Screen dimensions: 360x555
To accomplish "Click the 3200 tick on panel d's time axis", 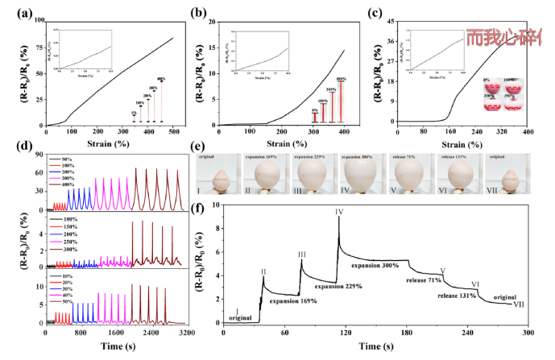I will (x=186, y=332).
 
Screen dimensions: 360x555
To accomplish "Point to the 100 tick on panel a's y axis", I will (x=38, y=16).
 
